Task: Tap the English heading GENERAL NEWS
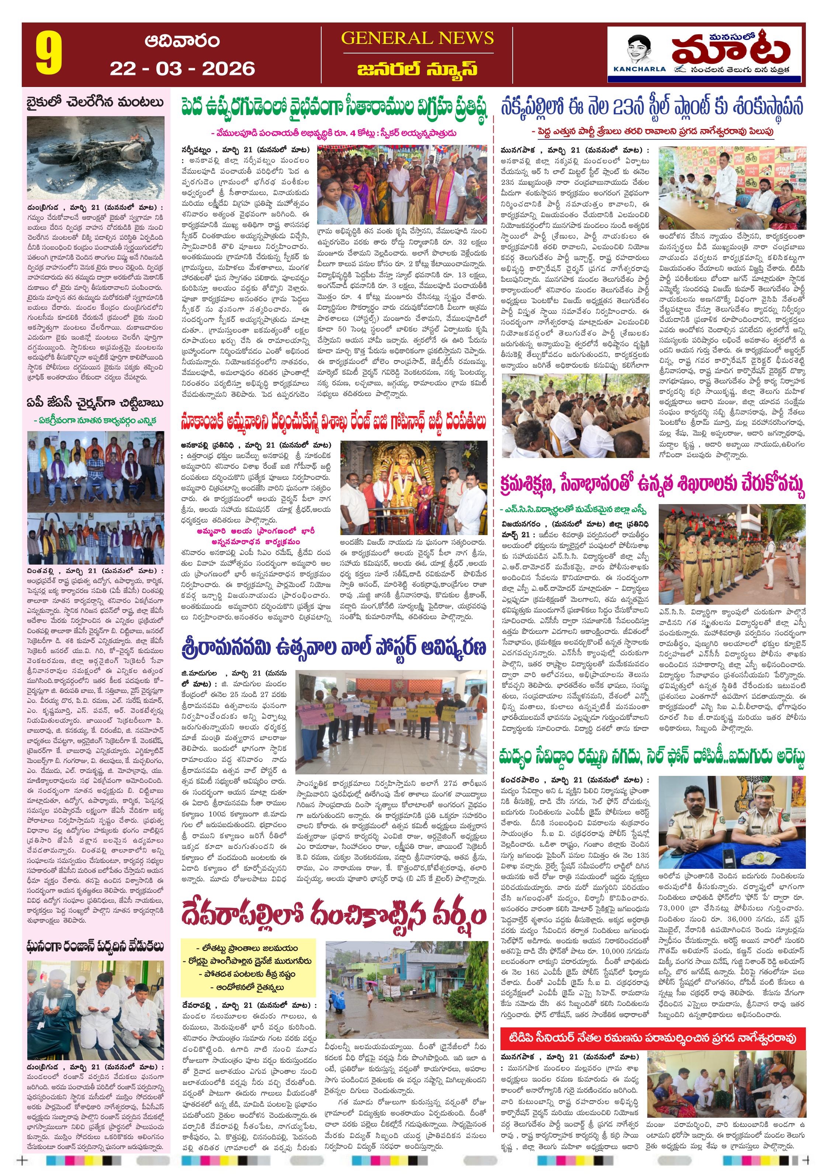417,38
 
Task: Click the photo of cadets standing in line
732,554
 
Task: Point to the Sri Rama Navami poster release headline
333,648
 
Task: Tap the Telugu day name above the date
182,41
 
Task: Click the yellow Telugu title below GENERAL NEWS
417,69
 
